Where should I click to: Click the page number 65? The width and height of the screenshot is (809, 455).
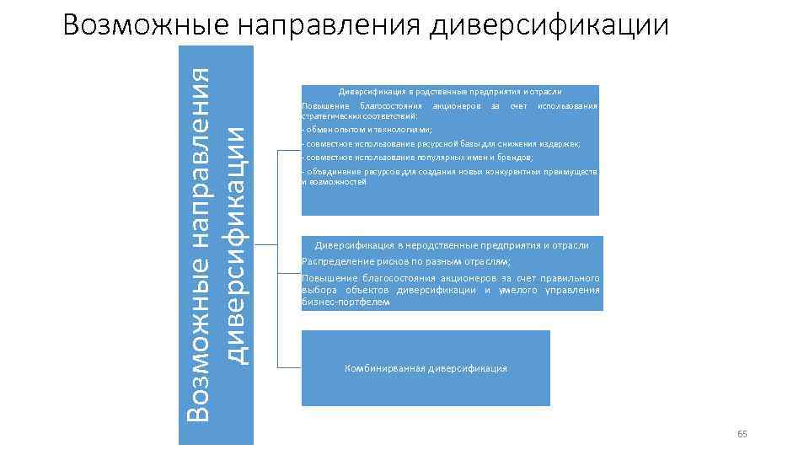coord(742,434)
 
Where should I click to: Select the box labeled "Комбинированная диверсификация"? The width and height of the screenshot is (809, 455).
coord(426,368)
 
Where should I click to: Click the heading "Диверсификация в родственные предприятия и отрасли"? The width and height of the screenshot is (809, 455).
coord(450,91)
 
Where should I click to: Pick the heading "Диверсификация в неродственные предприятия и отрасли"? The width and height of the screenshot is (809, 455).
coord(452,245)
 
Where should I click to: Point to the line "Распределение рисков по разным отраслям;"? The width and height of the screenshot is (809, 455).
coord(406,261)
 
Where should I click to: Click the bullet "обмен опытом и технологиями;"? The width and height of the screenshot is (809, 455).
coord(367,130)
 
